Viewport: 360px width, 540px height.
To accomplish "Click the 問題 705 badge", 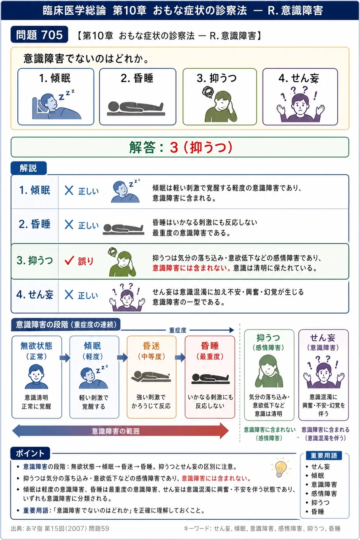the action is coord(39,35).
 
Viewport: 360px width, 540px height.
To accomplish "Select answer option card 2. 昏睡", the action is coord(138,97).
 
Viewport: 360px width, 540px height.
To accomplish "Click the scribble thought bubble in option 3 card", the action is coord(208,92).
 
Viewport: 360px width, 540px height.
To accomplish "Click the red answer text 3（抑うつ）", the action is coord(201,147).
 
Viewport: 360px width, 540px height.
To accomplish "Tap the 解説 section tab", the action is coord(28,168).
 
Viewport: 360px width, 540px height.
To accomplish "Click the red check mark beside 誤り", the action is coord(69,260).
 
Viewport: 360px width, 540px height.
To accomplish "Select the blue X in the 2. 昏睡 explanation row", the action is coord(69,225).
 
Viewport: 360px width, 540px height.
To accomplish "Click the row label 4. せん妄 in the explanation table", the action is coord(35,294).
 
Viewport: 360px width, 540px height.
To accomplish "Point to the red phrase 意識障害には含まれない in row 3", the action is coord(191,268).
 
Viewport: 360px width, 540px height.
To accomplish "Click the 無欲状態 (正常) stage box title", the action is coord(36,351).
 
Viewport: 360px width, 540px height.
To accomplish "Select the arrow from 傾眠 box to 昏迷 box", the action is coord(122,357).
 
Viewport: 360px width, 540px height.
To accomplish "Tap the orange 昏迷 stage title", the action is coord(152,346).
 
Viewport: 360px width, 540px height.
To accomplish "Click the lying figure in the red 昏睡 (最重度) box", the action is coord(210,379).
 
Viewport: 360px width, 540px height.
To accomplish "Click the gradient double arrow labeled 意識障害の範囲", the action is coord(120,431).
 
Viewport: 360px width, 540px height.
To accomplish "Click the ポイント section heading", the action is coord(30,454).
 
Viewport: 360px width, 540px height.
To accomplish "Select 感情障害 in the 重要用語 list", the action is coord(324,494).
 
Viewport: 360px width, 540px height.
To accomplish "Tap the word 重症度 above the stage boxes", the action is coord(178,330).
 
